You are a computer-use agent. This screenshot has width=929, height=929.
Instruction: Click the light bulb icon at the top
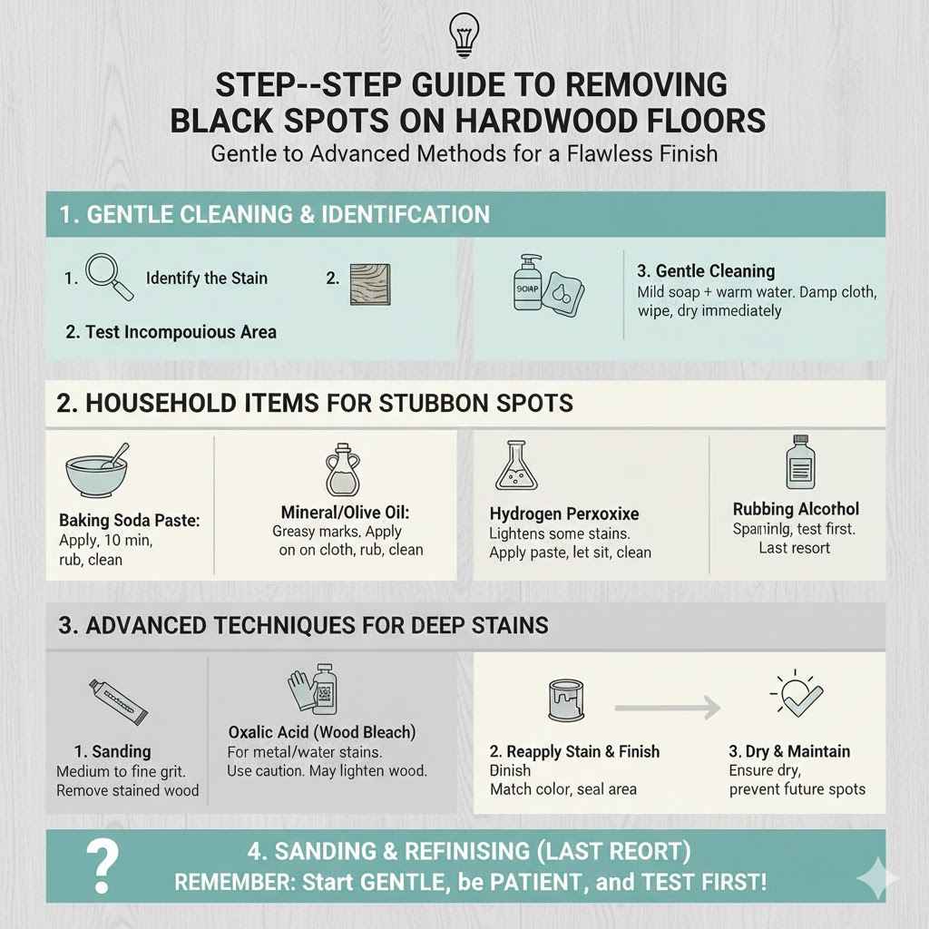(464, 34)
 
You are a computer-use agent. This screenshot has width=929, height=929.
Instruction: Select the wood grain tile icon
(370, 279)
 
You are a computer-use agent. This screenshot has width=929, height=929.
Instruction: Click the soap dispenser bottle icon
(528, 281)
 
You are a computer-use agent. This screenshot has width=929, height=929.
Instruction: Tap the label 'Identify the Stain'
(207, 278)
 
